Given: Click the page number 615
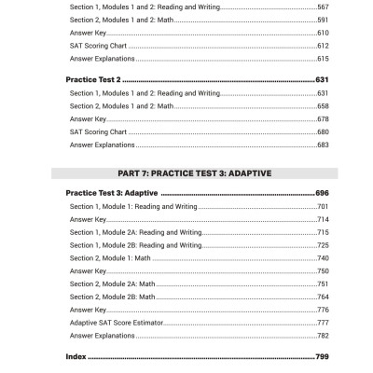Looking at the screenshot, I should click(x=322, y=58).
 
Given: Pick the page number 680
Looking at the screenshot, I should click(x=322, y=132).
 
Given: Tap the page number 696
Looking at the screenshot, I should click(x=322, y=192).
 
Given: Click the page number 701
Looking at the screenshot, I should click(x=322, y=206).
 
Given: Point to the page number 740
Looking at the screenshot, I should click(x=322, y=257).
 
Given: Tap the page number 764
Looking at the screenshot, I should click(x=322, y=296).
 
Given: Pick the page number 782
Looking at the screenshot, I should click(x=322, y=335).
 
